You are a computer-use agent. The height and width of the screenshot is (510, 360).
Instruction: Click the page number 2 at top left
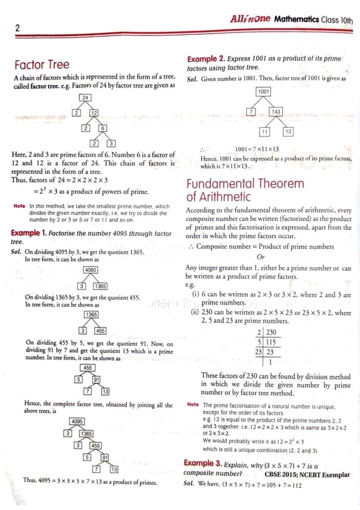(17, 28)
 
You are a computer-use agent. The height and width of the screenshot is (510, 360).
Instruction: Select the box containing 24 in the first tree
(85, 98)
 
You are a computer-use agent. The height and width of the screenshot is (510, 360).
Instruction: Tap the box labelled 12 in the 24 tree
(94, 113)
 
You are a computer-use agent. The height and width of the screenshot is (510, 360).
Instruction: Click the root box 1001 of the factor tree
(264, 91)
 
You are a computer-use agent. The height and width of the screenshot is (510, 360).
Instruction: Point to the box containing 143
(277, 112)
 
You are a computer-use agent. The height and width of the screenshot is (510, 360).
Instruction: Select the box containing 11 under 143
(264, 132)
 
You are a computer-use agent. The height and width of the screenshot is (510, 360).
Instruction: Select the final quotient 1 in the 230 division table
(271, 361)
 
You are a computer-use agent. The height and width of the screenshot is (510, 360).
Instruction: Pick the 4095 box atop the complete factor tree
(78, 422)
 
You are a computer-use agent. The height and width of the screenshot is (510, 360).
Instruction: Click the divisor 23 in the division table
(258, 351)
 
